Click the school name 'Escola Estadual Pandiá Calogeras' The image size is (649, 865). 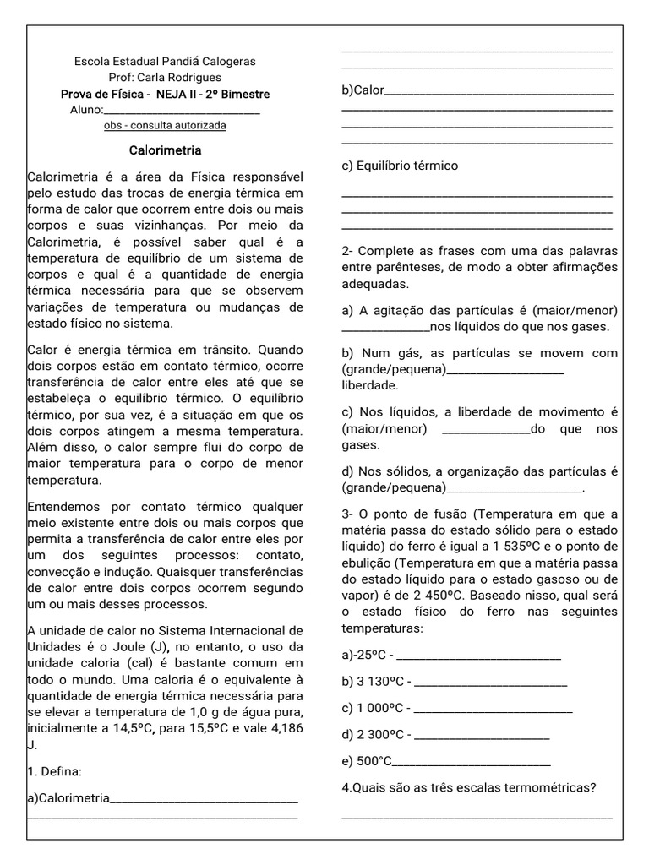(x=165, y=62)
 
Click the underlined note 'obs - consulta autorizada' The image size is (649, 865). (x=165, y=125)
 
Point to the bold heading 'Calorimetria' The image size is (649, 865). (x=165, y=150)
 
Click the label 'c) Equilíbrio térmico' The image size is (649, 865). (x=400, y=166)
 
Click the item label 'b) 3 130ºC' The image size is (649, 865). (x=374, y=682)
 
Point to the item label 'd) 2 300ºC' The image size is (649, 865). (x=375, y=734)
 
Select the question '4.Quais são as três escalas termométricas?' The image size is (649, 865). (x=469, y=788)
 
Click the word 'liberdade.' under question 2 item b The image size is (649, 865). (x=369, y=385)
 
